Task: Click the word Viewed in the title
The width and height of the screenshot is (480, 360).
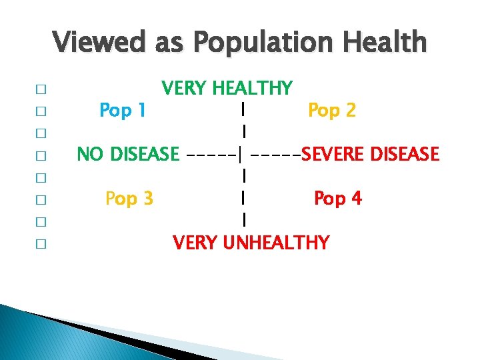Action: [99, 43]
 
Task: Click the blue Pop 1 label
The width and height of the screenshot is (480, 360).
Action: [123, 110]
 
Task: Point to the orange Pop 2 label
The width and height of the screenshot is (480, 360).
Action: [331, 110]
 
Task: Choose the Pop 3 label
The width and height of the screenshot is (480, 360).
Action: [129, 198]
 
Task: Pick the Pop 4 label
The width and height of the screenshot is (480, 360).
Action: [338, 198]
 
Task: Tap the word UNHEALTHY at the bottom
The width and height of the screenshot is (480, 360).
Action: [276, 242]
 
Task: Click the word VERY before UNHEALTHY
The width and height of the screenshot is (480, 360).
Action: [195, 242]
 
